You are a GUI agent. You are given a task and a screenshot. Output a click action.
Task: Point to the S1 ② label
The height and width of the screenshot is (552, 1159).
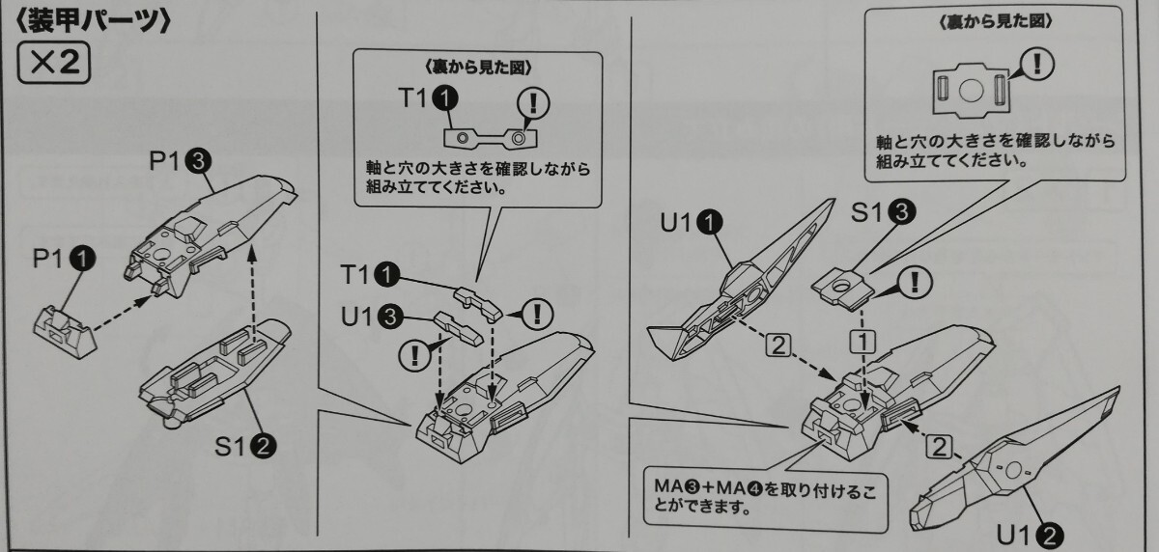[247, 446]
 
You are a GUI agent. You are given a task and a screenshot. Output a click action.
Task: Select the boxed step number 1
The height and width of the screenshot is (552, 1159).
[862, 340]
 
